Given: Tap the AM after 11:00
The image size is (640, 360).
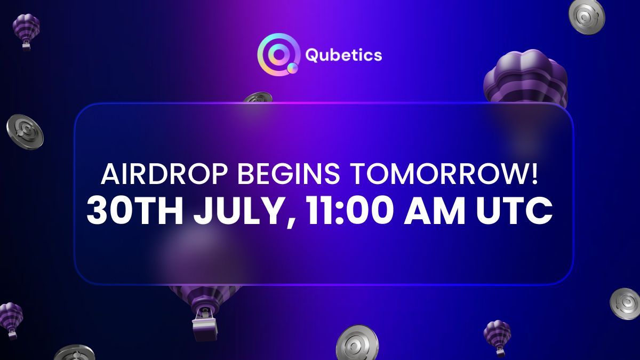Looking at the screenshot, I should pos(441,212).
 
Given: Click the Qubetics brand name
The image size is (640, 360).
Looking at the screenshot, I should pos(344,55).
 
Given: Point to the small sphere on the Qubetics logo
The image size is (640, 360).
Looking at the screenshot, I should pos(292,68).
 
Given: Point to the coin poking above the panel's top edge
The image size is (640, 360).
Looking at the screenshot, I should pos(259,98).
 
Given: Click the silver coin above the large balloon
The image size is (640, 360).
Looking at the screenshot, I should pos(587,14).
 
